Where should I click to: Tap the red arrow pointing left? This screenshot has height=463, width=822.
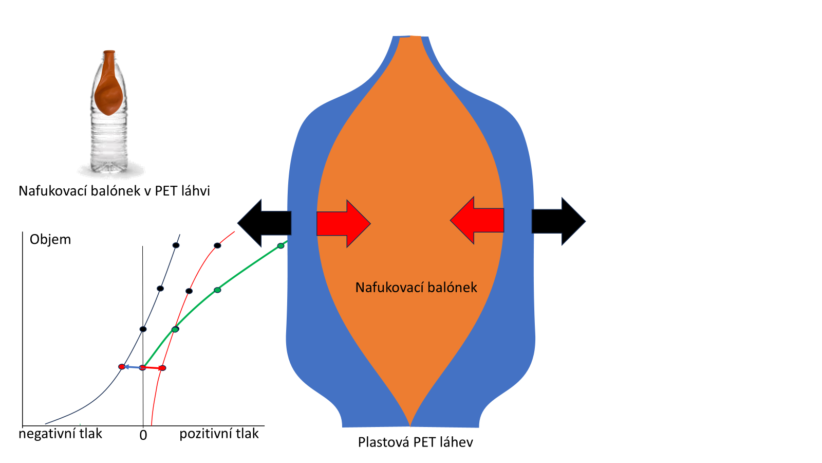pyautogui.click(x=478, y=220)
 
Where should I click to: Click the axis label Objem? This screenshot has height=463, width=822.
pyautogui.click(x=50, y=239)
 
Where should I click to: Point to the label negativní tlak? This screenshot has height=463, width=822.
pyautogui.click(x=60, y=434)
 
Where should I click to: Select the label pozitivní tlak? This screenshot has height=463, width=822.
pyautogui.click(x=219, y=434)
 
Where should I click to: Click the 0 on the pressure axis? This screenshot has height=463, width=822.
pyautogui.click(x=143, y=436)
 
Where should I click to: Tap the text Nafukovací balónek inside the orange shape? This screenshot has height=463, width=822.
pyautogui.click(x=416, y=287)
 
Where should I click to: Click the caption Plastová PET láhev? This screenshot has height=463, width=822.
pyautogui.click(x=415, y=442)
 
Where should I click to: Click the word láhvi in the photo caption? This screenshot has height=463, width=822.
pyautogui.click(x=196, y=191)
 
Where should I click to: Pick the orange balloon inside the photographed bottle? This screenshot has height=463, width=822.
pyautogui.click(x=109, y=87)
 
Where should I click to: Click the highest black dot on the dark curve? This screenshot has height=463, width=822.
pyautogui.click(x=176, y=245)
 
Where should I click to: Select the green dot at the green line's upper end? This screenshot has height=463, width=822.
pyautogui.click(x=281, y=246)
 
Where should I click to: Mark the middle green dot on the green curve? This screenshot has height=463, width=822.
pyautogui.click(x=217, y=290)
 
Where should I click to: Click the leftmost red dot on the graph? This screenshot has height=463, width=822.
pyautogui.click(x=122, y=367)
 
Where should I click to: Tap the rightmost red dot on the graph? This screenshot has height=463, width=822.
pyautogui.click(x=162, y=368)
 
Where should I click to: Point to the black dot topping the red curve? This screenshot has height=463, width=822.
pyautogui.click(x=217, y=246)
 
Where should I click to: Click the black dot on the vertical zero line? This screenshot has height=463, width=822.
pyautogui.click(x=143, y=329)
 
